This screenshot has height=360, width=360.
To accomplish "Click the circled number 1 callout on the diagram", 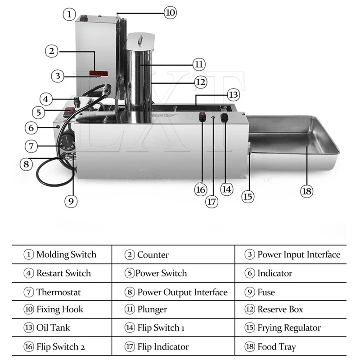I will click(x=69, y=14).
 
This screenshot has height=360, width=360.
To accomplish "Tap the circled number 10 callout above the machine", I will click(x=170, y=13).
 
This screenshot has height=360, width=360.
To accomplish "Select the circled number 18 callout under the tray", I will click(x=306, y=191).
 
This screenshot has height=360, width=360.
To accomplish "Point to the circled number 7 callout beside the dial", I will click(x=31, y=146).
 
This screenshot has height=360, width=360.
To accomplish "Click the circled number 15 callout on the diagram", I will click(x=247, y=196).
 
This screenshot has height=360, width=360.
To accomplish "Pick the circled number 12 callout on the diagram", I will click(x=200, y=82).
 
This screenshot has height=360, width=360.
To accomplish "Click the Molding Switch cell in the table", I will click(x=61, y=255).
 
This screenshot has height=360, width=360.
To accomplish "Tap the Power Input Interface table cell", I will click(x=293, y=255).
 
